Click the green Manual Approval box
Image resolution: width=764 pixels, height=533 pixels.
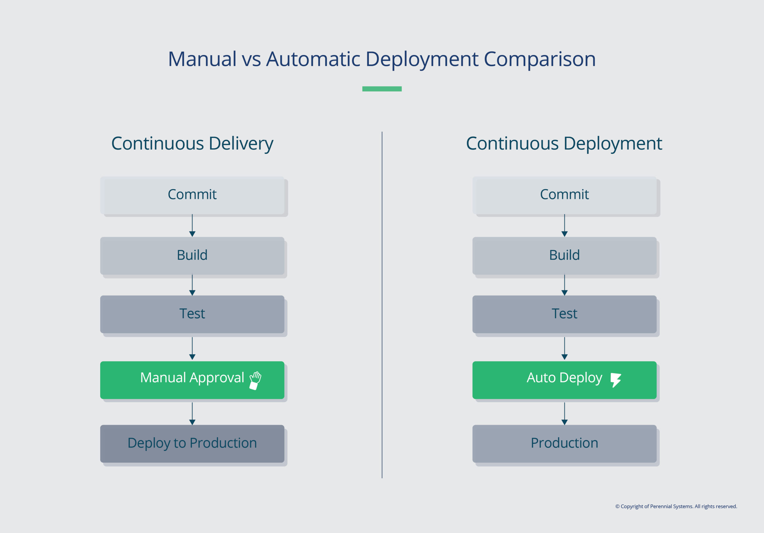(x=192, y=380)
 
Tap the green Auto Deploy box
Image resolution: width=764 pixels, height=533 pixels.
(x=564, y=380)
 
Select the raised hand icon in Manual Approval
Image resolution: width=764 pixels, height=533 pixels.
(x=255, y=380)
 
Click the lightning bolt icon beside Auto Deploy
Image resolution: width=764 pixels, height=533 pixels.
(x=616, y=380)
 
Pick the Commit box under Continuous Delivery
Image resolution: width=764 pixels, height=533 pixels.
(x=192, y=195)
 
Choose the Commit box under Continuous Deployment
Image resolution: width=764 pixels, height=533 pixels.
(x=564, y=195)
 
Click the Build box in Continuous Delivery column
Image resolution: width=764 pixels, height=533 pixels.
(x=192, y=255)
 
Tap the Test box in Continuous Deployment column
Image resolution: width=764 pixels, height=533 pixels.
(x=564, y=314)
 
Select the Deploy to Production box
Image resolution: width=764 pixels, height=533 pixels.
(x=192, y=443)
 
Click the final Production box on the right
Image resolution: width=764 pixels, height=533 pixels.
(x=564, y=443)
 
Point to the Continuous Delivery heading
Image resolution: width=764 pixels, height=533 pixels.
(x=192, y=144)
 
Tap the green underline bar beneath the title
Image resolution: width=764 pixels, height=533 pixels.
(x=382, y=89)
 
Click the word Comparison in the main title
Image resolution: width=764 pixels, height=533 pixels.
(x=539, y=59)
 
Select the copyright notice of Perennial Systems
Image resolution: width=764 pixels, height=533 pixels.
(x=676, y=506)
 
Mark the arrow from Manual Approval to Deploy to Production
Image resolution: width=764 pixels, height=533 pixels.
(x=192, y=413)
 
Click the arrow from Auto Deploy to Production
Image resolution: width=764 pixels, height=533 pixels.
(x=564, y=413)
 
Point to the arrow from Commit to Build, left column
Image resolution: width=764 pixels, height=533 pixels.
(x=192, y=225)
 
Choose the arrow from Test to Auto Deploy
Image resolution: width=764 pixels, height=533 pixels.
(x=564, y=348)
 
